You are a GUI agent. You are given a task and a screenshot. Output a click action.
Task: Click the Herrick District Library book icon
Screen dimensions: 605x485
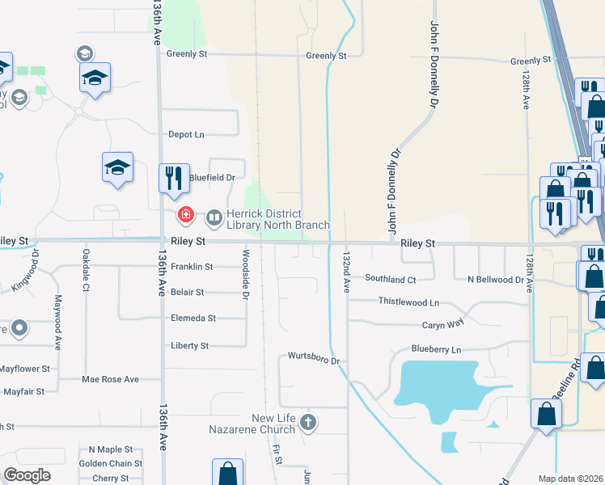coord(214,217)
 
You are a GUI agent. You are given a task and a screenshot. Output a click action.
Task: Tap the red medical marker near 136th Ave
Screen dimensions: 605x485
coord(186,215)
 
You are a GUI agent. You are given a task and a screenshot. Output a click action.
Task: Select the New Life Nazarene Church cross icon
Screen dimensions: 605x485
coord(307,422)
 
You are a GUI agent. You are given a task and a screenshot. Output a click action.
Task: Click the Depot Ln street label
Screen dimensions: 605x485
coord(186,134)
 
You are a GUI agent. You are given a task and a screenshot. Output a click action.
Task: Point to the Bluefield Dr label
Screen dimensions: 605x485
coord(211,177)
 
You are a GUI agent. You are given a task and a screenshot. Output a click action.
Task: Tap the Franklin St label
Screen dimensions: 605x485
coord(192,266)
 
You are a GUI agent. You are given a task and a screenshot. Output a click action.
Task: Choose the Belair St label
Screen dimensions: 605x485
coord(188,292)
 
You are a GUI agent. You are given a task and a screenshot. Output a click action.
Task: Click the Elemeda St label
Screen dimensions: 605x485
coord(192,318)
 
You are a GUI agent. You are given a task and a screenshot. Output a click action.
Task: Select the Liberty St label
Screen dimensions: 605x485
coord(189,345)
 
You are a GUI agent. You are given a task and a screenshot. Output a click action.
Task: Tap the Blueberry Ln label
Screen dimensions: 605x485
coord(435,350)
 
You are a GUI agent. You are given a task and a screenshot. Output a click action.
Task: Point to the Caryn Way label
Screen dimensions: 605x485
coord(443,325)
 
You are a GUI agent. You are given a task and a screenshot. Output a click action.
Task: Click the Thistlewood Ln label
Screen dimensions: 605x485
coord(408,302)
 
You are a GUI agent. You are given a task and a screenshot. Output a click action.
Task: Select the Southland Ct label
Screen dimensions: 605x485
coord(390,279)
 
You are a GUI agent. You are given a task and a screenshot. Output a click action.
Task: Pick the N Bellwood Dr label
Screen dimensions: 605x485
coord(496,279)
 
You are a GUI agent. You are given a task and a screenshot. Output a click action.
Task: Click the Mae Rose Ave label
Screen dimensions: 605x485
coord(110,378)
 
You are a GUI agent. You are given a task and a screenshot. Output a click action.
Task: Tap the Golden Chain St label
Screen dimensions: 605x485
coord(110,464)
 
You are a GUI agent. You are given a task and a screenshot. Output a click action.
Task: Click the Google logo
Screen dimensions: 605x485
coord(27,474)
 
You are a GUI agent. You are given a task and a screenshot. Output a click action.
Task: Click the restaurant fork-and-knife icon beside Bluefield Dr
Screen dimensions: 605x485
coord(172,178)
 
